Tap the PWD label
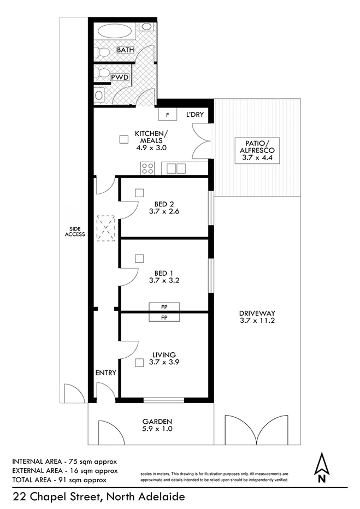[x=120, y=78]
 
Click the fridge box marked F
[x=168, y=115]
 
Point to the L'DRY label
[x=194, y=115]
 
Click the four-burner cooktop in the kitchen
[x=147, y=168]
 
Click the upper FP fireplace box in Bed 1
[x=164, y=306]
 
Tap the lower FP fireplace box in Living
[x=164, y=317]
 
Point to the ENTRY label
[x=106, y=373]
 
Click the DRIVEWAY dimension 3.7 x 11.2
[x=257, y=321]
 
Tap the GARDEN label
[x=157, y=421]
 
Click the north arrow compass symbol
[x=322, y=467]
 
